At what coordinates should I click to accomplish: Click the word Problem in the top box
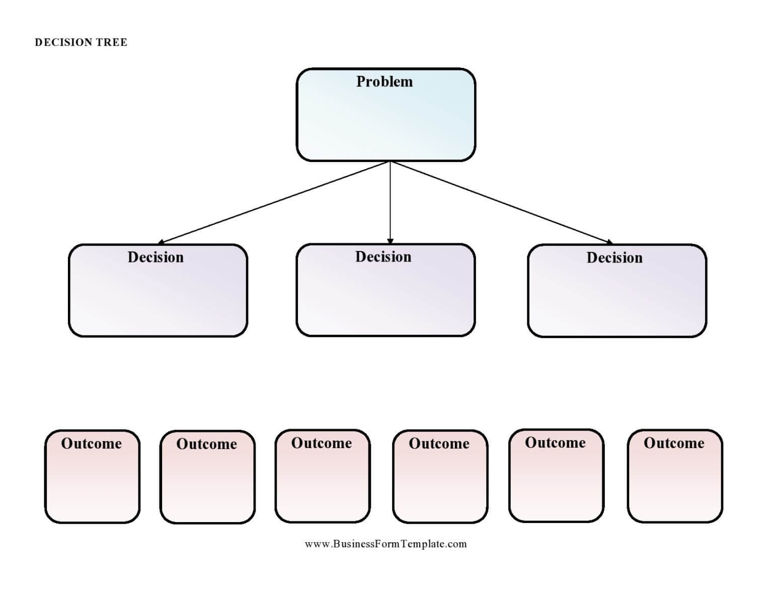point(384,81)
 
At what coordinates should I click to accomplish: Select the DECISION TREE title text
point(81,42)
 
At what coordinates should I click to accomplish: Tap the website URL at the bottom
point(385,544)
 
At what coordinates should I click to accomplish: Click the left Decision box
point(158,297)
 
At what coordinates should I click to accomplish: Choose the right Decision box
point(617,297)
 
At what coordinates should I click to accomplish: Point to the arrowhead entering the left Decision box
point(161,242)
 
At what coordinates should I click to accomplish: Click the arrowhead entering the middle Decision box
point(390,241)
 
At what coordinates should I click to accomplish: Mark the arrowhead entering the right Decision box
point(609,242)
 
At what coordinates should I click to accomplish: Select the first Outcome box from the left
point(92,483)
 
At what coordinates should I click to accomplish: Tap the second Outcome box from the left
point(207,483)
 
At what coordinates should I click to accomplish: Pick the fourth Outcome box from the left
point(440,483)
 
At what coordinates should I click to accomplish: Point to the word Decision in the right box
point(614,258)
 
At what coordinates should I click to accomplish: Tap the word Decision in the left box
point(156,257)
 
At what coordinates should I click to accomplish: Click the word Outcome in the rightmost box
point(674,443)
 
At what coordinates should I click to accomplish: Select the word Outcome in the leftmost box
point(92,444)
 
